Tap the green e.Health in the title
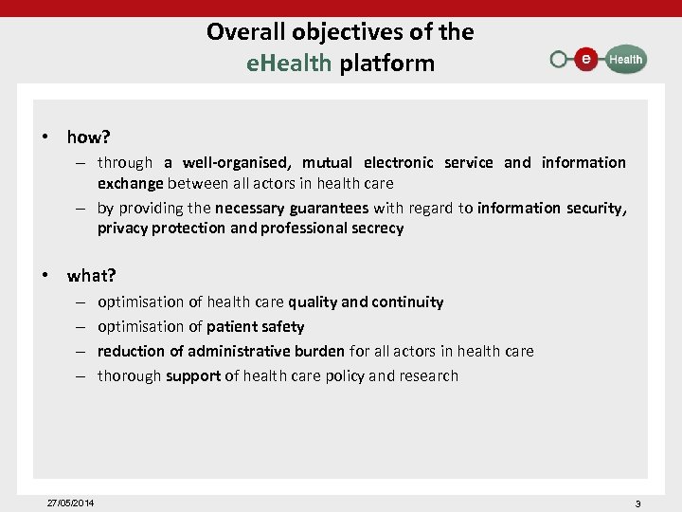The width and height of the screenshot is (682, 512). [x=288, y=64]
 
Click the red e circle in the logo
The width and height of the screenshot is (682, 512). [x=587, y=59]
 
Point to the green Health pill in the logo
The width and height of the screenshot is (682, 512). [x=624, y=59]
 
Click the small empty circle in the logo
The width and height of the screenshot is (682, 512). [x=559, y=59]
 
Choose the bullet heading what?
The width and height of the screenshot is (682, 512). [x=91, y=276]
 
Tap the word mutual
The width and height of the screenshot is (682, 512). [x=328, y=162]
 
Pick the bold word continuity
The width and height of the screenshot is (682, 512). [x=407, y=302]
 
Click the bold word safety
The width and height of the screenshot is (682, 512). [x=281, y=326]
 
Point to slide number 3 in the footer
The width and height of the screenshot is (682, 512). [x=637, y=503]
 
